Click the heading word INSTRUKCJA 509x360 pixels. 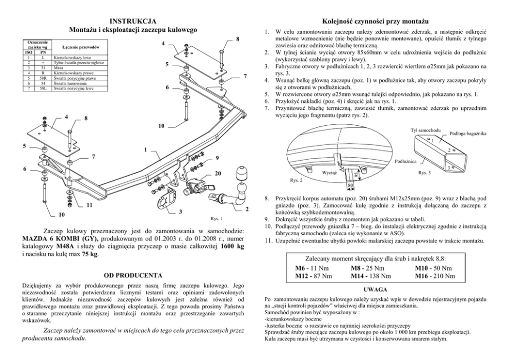tap(133, 21)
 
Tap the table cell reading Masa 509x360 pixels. tap(58, 67)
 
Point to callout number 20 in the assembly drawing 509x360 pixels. tap(218, 174)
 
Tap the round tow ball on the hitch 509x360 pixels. tap(241, 173)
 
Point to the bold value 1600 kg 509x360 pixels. tap(229, 247)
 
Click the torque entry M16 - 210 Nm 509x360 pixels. tap(436, 276)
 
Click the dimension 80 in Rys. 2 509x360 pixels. tap(350, 186)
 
